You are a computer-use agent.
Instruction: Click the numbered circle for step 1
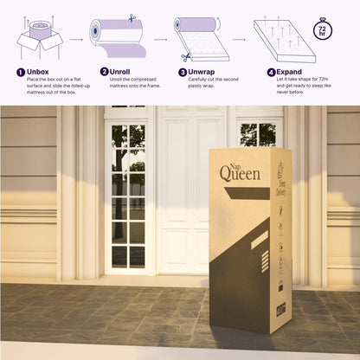click(21, 72)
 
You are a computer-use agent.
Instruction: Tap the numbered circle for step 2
click(105, 72)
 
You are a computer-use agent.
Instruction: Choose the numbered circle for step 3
click(183, 72)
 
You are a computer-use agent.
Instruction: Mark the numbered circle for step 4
click(271, 72)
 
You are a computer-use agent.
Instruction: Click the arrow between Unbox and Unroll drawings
click(76, 35)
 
